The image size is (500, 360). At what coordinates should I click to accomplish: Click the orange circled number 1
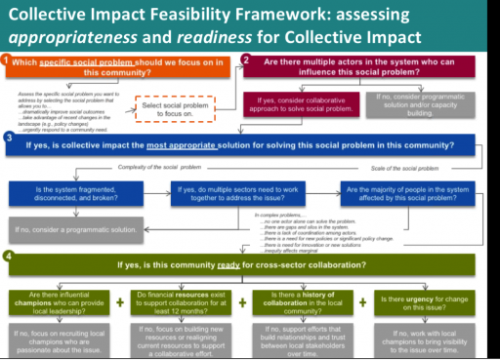[7, 61]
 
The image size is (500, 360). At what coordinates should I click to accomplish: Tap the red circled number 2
[247, 60]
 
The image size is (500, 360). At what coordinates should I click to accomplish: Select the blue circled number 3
[7, 139]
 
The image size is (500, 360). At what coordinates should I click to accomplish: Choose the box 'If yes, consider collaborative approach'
[303, 105]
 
